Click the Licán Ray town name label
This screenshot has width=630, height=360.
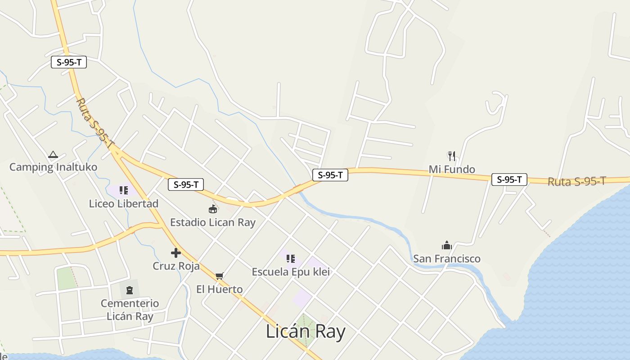(x=306, y=332)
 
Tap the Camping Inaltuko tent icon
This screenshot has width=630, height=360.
(x=53, y=155)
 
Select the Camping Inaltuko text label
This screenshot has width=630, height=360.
(x=53, y=167)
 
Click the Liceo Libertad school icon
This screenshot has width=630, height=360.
(x=124, y=190)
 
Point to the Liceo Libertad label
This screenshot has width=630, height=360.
(x=124, y=204)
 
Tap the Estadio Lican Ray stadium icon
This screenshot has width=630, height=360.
(x=213, y=209)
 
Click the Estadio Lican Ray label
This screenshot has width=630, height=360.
(x=213, y=222)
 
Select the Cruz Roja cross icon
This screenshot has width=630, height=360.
(x=176, y=253)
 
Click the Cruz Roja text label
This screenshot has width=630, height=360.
(x=176, y=266)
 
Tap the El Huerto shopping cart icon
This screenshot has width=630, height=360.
(x=219, y=276)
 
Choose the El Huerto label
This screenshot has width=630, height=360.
(x=219, y=289)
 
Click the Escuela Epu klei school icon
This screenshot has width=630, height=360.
(x=291, y=259)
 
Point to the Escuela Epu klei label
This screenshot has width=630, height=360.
(x=291, y=272)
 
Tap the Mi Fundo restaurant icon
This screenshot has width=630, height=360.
(x=452, y=156)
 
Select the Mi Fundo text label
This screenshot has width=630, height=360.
(x=452, y=170)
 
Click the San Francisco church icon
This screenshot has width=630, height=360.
(x=447, y=245)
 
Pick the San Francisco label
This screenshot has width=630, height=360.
(x=447, y=259)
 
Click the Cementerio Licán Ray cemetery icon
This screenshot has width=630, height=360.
(x=130, y=290)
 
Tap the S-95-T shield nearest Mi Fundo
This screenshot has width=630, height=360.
(x=509, y=180)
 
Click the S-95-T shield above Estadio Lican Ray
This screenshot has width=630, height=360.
(x=186, y=184)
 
